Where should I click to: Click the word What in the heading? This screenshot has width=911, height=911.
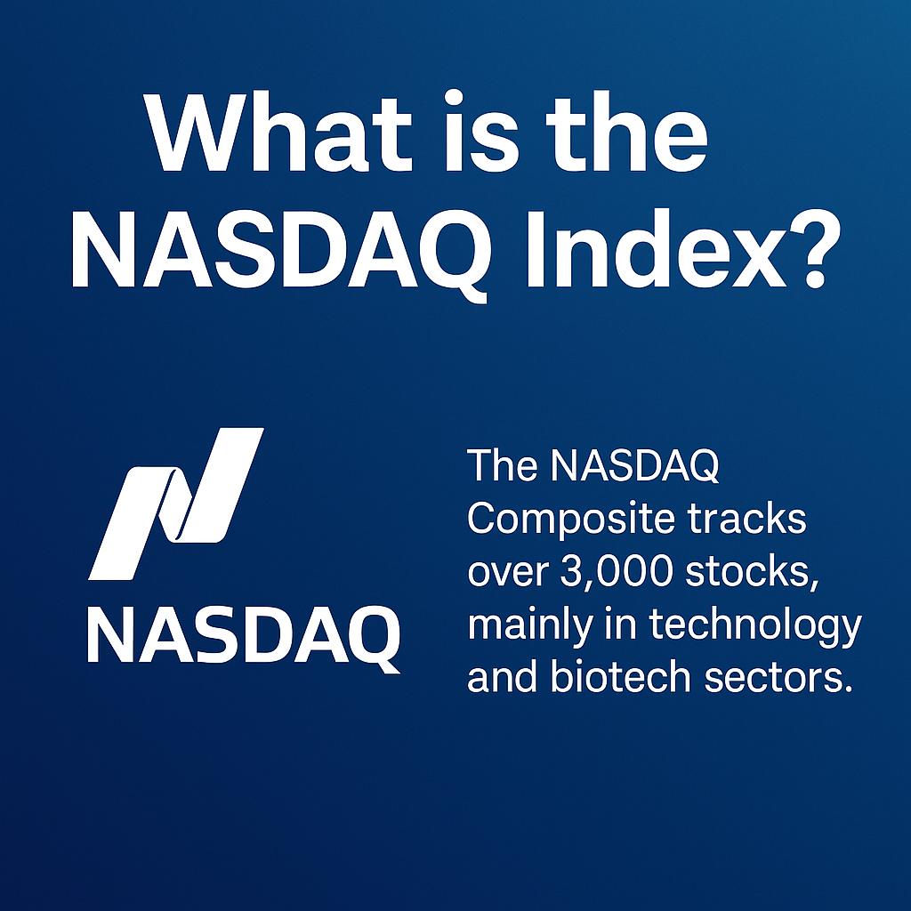pyautogui.click(x=278, y=132)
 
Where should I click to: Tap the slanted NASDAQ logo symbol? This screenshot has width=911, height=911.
pyautogui.click(x=176, y=504)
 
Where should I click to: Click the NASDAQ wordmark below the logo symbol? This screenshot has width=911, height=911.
pyautogui.click(x=244, y=636)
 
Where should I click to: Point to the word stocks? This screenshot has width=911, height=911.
pyautogui.click(x=752, y=572)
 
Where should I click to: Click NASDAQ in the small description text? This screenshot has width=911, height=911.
pyautogui.click(x=635, y=466)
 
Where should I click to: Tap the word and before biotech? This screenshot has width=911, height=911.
pyautogui.click(x=502, y=676)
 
